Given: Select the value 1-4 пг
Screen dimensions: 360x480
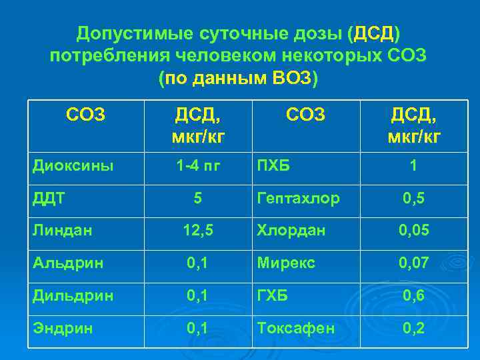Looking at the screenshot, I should pos(197,165).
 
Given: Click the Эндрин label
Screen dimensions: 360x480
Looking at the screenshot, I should pos(61,329).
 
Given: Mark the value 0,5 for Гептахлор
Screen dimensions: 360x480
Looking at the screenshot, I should pos(413,198).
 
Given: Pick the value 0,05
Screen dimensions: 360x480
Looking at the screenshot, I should pos(413,231).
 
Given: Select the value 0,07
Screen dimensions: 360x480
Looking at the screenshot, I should pos(413,263).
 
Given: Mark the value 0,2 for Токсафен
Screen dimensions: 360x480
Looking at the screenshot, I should pos(413,329).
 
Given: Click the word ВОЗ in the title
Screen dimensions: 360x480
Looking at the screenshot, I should pos(291,78).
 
